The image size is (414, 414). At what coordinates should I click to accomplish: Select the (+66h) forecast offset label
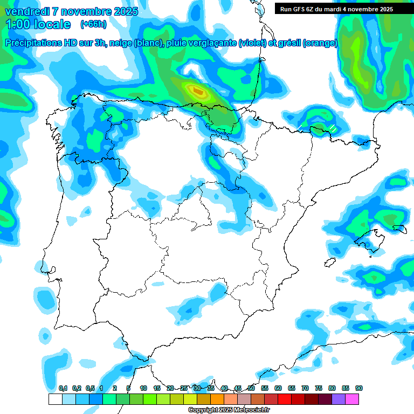click(93, 24)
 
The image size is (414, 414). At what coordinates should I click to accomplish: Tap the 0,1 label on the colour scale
click(63, 388)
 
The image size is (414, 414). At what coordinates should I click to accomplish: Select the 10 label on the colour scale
click(143, 388)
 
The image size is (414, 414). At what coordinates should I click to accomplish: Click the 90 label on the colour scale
click(359, 388)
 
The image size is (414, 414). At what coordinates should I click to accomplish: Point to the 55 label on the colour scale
click(265, 388)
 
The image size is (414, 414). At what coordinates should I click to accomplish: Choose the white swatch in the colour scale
click(55, 399)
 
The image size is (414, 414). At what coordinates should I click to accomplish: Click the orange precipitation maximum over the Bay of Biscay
click(198, 92)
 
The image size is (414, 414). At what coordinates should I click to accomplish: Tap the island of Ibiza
click(328, 263)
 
